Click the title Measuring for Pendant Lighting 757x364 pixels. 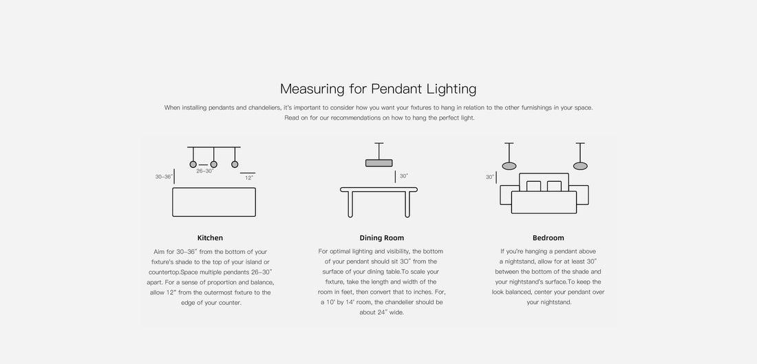pos(378,89)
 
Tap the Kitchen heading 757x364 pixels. pos(210,237)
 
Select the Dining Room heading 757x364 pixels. pos(381,237)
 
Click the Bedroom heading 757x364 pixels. pos(548,237)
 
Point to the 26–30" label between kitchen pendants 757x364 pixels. pos(204,171)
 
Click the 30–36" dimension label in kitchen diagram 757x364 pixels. pos(164,177)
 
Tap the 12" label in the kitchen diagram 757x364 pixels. pos(249,178)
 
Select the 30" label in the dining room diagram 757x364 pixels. pos(403,176)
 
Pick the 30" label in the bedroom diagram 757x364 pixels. pos(490,177)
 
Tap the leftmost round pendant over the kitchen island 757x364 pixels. pos(193,164)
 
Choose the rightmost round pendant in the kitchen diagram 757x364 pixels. pos(235,164)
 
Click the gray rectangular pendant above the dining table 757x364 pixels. pos(379,163)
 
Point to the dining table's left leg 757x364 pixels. pos(350,204)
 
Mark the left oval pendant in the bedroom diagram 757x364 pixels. pos(509,166)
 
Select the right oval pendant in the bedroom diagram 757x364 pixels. pos(580,166)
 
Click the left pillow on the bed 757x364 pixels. pos(533,186)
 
